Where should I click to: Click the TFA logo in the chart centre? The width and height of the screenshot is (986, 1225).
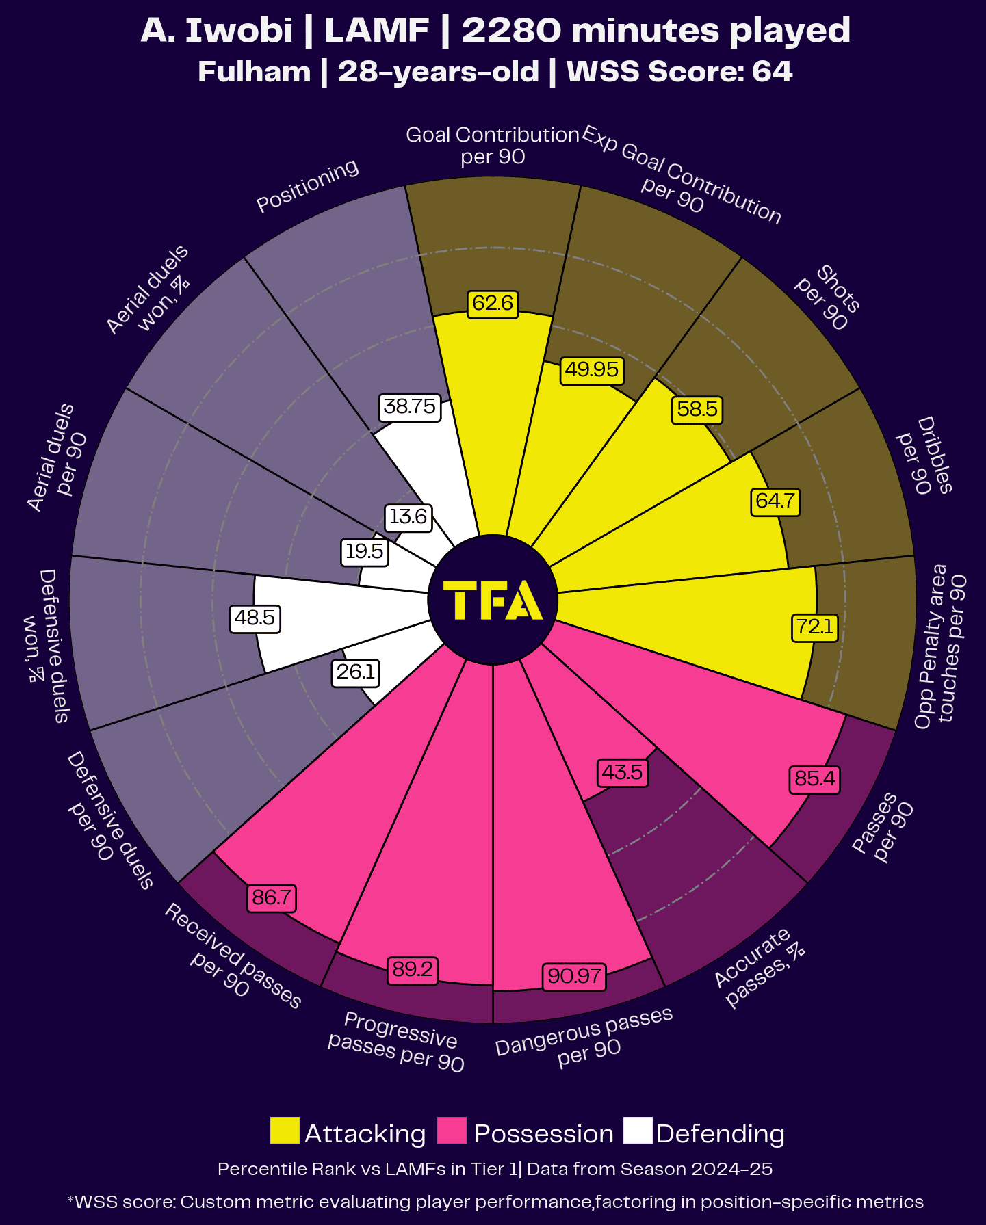(x=493, y=600)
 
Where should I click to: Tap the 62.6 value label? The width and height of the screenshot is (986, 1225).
(x=493, y=303)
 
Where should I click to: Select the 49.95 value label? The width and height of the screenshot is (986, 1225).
(x=591, y=369)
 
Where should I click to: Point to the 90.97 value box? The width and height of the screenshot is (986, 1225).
(x=575, y=975)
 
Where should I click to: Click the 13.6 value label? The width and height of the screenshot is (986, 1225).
(x=408, y=516)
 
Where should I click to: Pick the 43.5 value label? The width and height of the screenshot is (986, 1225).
(x=622, y=773)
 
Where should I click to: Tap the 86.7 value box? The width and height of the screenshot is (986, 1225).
(x=272, y=897)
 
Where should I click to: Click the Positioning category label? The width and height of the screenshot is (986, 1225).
(x=307, y=185)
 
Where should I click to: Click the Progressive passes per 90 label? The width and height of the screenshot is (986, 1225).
(x=397, y=1042)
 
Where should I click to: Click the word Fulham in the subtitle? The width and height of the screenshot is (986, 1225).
(x=254, y=72)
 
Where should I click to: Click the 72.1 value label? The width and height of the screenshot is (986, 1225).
(x=815, y=627)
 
